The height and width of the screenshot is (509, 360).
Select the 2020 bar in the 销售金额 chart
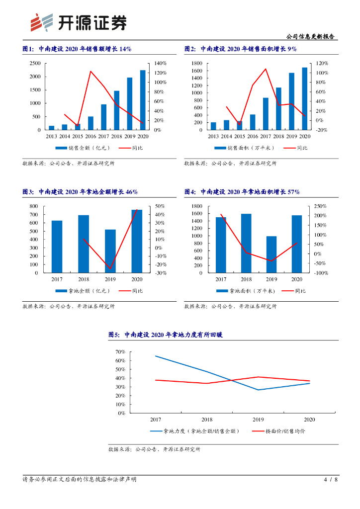tap(143, 100)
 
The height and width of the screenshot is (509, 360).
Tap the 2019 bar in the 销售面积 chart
tap(291, 101)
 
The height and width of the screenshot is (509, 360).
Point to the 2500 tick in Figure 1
tap(35, 64)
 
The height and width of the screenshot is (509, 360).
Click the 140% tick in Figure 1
tap(160, 64)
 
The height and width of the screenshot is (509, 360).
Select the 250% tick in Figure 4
tap(320, 206)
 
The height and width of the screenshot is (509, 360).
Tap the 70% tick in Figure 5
tap(120, 352)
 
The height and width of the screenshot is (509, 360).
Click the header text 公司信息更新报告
tap(310, 37)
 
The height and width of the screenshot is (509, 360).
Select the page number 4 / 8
tap(331, 480)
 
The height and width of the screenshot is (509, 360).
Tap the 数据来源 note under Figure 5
tap(154, 449)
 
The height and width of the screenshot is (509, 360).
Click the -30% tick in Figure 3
tap(161, 273)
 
